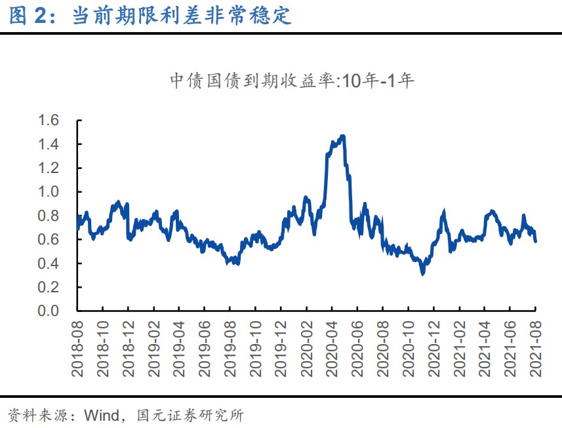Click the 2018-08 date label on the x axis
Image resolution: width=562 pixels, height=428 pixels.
77,348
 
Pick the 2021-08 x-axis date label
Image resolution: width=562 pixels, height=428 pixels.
536,348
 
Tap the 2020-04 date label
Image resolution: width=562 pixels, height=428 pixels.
332,348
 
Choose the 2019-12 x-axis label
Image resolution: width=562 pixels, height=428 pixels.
281,348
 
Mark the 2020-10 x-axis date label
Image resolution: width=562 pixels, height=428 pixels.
408,348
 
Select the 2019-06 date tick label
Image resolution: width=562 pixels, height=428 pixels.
205,348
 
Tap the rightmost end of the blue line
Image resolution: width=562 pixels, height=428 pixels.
536,241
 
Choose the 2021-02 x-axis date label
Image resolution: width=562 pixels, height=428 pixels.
459,348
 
